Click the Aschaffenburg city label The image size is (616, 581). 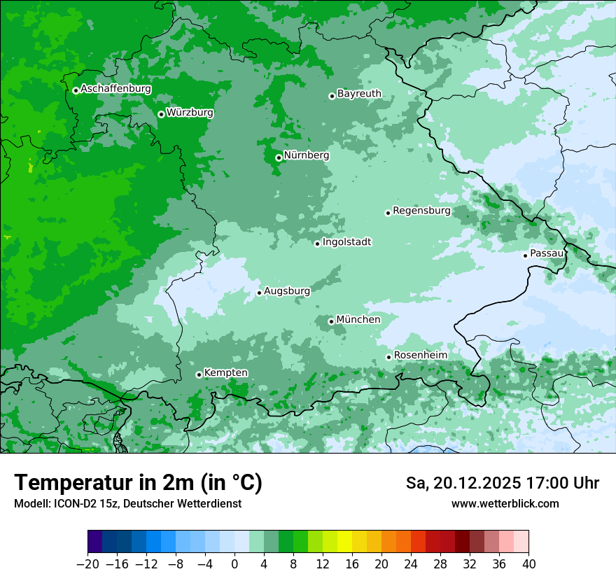115,89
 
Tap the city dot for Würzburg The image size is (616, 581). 161,114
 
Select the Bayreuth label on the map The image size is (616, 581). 359,93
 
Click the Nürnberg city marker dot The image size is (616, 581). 279,157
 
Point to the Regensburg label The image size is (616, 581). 421,210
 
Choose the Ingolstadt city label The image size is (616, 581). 346,242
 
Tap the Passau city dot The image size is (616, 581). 525,255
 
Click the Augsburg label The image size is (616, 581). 286,290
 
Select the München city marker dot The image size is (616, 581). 331,322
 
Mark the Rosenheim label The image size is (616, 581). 420,355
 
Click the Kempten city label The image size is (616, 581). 225,372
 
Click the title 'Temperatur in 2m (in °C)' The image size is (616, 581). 138,482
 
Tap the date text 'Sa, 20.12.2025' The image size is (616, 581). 462,483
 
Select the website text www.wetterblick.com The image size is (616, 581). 505,503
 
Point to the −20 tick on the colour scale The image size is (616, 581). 87,564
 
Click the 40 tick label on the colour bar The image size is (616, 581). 528,564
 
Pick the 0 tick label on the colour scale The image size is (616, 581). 234,564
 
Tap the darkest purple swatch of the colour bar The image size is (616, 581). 95,542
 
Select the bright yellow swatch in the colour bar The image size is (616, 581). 344,542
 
